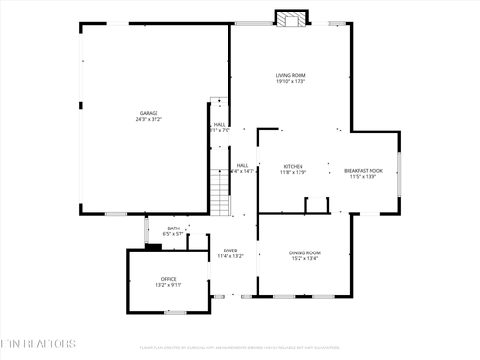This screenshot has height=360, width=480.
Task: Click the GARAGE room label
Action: coord(148,113)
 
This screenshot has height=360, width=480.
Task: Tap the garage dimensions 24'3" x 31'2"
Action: coord(148,120)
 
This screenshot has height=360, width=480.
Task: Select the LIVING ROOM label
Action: coord(291,75)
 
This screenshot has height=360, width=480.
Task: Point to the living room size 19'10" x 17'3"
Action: coord(291,82)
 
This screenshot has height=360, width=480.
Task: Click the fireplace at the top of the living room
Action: coord(292,18)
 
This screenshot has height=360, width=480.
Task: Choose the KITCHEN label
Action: coord(293,166)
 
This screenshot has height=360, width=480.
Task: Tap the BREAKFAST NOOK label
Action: coord(364,171)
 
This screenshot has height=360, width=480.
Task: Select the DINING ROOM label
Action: coord(305,252)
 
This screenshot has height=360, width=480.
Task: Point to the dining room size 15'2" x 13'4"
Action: coord(305,258)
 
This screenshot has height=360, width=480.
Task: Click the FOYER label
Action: coord(230,250)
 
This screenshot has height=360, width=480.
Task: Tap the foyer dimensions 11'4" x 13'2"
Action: coord(230,256)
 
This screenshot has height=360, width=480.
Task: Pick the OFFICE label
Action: coord(168,279)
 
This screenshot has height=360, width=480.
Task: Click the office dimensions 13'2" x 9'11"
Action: coord(168,286)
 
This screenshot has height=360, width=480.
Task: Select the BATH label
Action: coord(173,228)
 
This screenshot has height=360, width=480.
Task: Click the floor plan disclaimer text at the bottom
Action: coord(240,348)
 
